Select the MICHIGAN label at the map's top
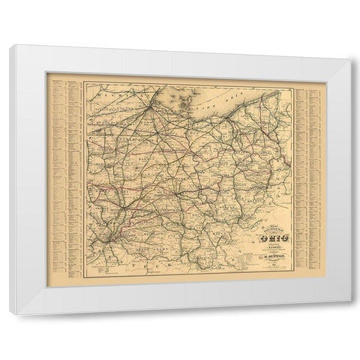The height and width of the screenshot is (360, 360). point(105,97)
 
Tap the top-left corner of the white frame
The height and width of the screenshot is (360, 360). point(10,46)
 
